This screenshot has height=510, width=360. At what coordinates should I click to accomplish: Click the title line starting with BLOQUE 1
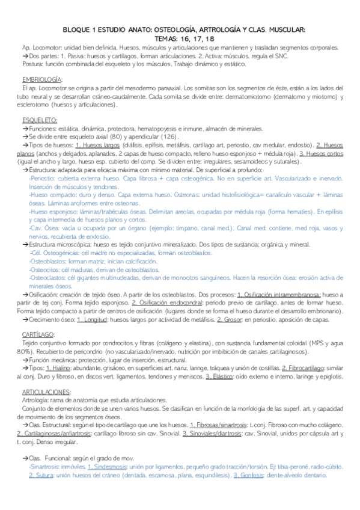(x=184, y=29)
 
